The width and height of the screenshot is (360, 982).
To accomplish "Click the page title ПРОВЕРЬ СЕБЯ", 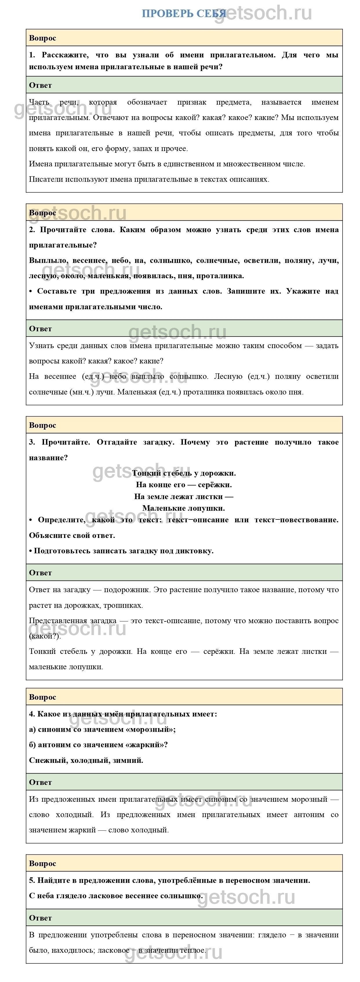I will click(x=184, y=14).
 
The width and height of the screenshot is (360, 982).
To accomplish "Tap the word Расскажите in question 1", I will click(x=63, y=55).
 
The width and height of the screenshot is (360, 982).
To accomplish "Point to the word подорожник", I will click(x=126, y=590).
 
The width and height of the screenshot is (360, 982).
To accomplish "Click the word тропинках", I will click(x=126, y=605).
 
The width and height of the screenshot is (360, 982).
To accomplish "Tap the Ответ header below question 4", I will click(x=40, y=782).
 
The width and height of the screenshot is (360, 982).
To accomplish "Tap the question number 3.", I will click(x=32, y=442).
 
